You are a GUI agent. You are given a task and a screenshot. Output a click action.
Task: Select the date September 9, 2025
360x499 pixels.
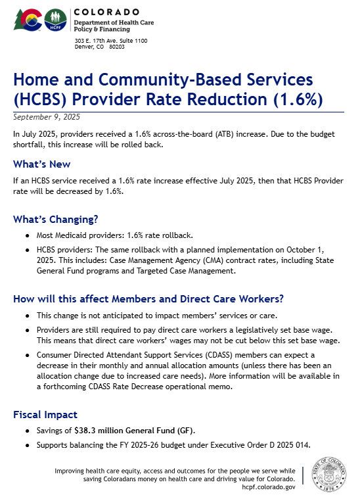click(x=47, y=117)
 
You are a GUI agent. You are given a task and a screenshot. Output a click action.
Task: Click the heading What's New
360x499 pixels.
click(x=41, y=164)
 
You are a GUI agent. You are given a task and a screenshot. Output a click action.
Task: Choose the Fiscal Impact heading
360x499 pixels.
click(x=45, y=415)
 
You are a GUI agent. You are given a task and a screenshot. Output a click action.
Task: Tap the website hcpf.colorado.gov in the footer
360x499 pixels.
click(x=268, y=487)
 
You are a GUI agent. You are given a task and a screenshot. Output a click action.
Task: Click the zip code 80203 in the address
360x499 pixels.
click(x=117, y=47)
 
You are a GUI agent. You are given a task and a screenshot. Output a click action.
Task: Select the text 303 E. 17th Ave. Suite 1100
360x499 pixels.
click(x=111, y=41)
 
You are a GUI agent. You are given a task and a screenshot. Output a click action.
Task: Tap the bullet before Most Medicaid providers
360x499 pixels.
click(x=26, y=235)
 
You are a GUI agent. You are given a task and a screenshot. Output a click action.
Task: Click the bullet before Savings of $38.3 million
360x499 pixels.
click(x=26, y=431)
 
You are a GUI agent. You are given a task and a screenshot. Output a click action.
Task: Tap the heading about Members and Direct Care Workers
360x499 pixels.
click(x=148, y=298)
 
